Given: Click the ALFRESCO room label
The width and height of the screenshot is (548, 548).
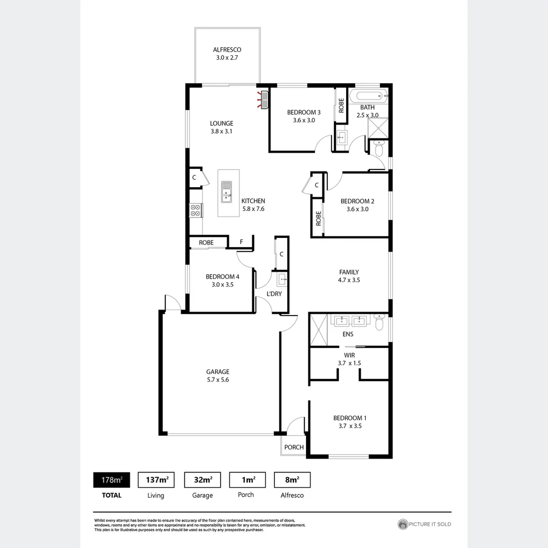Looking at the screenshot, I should coord(227,50).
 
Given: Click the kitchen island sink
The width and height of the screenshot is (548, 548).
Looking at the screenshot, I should coord(226,191).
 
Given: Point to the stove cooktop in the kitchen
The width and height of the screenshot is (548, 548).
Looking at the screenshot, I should coord(195,210).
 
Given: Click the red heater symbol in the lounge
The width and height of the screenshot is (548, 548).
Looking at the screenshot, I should coord(263,100).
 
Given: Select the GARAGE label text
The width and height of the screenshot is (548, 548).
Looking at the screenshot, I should coord(217,371).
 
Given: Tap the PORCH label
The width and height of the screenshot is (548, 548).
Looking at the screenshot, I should coord(294,447).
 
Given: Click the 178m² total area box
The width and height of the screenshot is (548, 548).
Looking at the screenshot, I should coord(111,480).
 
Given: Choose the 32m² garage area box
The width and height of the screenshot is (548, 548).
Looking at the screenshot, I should coord(202,480).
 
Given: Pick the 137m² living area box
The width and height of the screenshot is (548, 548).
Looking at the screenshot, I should coord(156,480).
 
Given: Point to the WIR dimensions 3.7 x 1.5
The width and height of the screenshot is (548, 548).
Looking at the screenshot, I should coord(349,363).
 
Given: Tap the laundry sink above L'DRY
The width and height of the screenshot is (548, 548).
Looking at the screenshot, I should coord(282,279).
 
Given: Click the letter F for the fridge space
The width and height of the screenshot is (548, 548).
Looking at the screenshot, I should coord(242,243).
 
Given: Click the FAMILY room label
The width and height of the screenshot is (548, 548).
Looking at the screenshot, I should coord(349,272).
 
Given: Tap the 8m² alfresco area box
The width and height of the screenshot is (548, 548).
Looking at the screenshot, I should coord(292,480).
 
